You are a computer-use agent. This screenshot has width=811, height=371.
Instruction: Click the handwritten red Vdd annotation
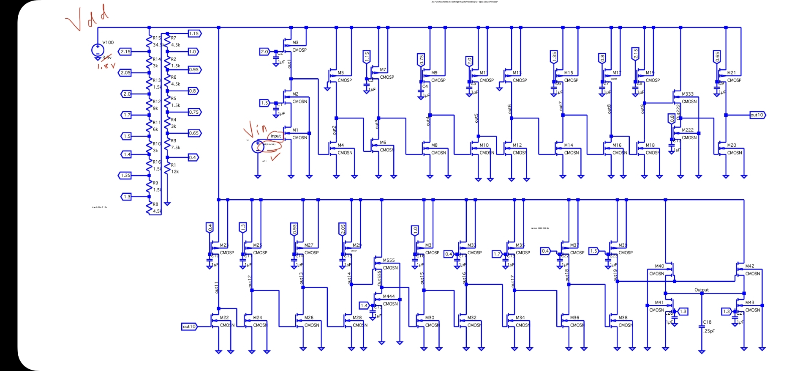[87, 19]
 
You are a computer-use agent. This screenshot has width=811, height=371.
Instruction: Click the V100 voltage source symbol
[98, 50]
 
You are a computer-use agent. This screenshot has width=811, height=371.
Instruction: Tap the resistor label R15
[157, 38]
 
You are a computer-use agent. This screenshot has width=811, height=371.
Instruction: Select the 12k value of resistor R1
[175, 172]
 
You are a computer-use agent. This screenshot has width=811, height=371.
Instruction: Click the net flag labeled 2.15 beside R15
[125, 52]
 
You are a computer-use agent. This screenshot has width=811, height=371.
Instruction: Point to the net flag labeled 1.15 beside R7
[194, 33]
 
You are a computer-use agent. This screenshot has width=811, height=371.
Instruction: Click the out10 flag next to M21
[757, 115]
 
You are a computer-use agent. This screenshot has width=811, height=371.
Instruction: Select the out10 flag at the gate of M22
[189, 327]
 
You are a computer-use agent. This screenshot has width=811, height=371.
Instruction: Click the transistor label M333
[688, 94]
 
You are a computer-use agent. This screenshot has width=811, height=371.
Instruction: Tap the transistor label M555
[389, 261]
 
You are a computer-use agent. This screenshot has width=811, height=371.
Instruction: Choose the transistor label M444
[389, 297]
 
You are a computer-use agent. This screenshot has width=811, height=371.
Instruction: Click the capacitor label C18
[707, 322]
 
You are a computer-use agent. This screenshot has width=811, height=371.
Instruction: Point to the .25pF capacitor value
[709, 331]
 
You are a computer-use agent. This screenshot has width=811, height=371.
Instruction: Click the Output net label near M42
[702, 290]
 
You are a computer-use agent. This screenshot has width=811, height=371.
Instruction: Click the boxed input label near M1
[276, 136]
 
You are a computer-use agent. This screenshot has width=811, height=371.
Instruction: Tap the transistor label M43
[750, 302]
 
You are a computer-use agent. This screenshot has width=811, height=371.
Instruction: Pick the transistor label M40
[659, 266]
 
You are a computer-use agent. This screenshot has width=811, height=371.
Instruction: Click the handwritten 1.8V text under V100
[106, 66]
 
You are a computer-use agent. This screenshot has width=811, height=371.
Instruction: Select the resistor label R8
[155, 204]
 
